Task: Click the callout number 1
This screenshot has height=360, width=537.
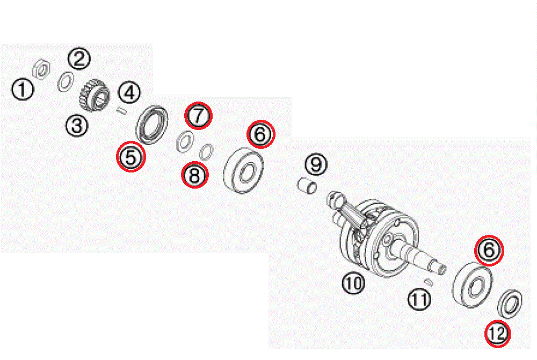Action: coord(23,89)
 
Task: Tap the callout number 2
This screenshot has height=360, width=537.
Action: coord(79,59)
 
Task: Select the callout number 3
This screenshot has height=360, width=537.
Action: coord(77,126)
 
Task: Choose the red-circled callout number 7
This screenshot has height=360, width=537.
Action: coord(198,116)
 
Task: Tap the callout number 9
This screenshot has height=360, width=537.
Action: coord(316,163)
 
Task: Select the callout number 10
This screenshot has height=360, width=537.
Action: coord(354,282)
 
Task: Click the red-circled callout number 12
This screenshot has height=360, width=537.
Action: coord(497,334)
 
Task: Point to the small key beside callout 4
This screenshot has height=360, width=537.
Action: coord(122,111)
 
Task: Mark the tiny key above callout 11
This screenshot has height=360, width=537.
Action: coord(428,282)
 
